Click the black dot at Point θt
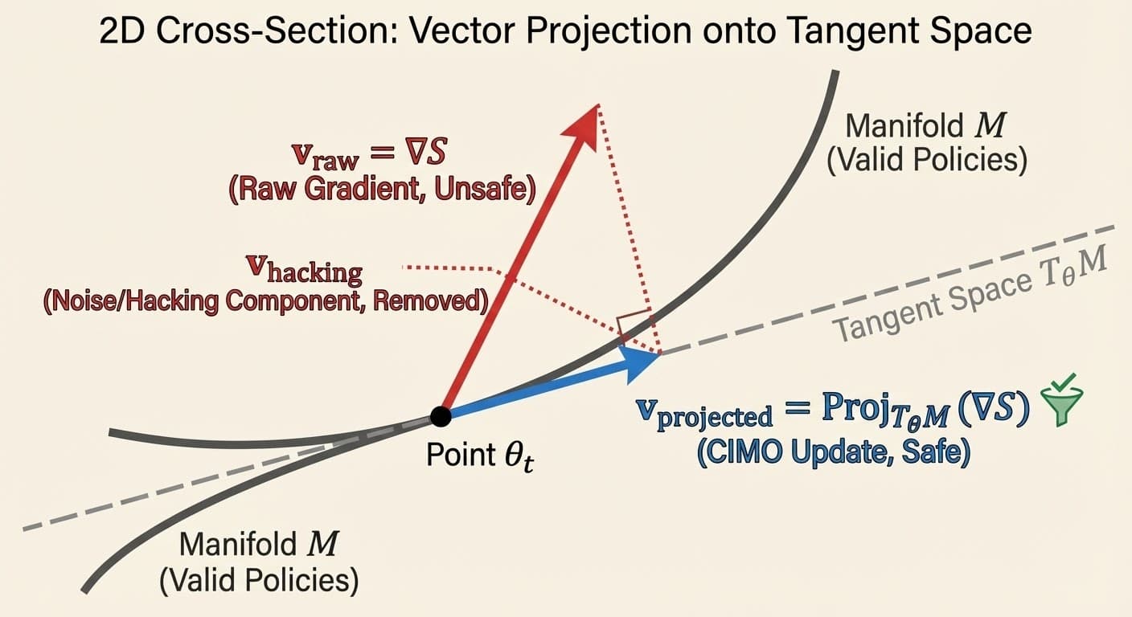pyautogui.click(x=441, y=415)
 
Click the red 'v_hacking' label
pyautogui.click(x=306, y=271)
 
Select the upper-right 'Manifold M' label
pyautogui.click(x=925, y=127)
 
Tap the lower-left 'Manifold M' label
pyautogui.click(x=258, y=544)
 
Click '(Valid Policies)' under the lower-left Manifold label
pyautogui.click(x=258, y=580)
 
